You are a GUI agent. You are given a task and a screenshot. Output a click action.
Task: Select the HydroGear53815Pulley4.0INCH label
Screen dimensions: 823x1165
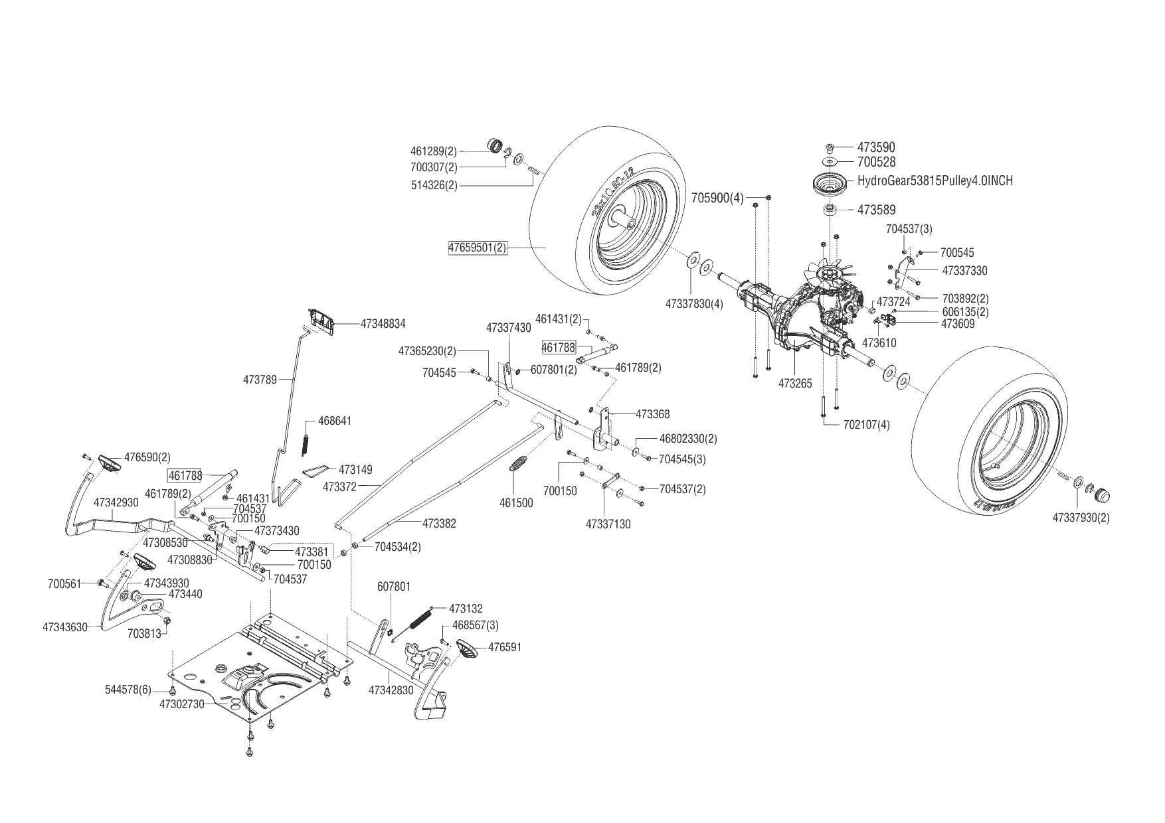pos(935,181)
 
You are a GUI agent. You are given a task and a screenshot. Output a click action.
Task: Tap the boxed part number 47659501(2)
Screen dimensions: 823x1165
pos(477,248)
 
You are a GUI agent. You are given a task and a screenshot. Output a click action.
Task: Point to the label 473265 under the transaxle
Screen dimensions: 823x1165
pos(795,384)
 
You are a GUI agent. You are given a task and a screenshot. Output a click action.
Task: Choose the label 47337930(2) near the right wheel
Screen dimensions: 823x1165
pos(1081,517)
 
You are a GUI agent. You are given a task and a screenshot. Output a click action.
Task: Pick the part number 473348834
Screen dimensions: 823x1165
pos(383,324)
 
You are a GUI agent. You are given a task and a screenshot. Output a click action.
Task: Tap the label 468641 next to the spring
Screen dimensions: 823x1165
pos(335,421)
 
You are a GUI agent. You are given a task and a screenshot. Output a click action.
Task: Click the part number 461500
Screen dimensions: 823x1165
pos(516,503)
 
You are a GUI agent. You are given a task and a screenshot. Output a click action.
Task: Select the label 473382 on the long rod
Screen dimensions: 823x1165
pos(439,524)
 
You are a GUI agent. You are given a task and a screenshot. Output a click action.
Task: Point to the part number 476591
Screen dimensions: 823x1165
pos(505,647)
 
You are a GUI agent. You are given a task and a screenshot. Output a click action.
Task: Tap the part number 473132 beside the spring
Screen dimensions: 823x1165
pos(466,609)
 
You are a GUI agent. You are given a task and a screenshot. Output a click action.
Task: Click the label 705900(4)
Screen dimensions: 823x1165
pos(717,198)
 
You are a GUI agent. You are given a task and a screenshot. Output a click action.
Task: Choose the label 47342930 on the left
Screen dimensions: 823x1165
pos(116,502)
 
